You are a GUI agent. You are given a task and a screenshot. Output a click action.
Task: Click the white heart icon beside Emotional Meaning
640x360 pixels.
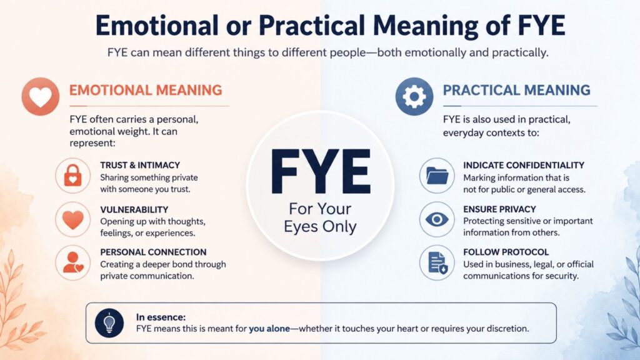coord(41,96)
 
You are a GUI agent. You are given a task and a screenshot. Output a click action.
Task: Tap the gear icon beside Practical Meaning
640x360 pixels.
coord(414,96)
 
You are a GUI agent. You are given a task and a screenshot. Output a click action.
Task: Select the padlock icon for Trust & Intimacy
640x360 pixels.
coord(72,176)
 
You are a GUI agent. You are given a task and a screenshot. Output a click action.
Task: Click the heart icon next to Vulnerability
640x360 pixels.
coord(72,219)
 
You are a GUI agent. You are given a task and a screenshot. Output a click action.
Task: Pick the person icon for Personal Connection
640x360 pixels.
coord(72,263)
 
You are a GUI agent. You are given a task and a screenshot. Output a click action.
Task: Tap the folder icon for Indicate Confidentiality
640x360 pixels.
coord(437,176)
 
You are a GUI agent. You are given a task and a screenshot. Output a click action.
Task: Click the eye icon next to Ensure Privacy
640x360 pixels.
coord(437,219)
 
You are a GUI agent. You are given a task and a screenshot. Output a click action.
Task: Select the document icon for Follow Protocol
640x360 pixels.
coord(437,263)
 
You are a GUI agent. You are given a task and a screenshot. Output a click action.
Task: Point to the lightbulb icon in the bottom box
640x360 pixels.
coord(109,323)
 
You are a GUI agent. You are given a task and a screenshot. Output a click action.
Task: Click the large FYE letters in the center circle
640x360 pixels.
coord(321,171)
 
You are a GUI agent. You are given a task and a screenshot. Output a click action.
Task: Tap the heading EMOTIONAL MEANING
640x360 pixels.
coord(146,90)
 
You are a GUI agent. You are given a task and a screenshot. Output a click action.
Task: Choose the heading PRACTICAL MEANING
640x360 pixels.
coord(517,90)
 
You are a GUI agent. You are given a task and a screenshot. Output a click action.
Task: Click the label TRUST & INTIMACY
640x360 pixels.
coord(140,165)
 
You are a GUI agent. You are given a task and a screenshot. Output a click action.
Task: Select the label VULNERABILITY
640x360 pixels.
coord(134,210)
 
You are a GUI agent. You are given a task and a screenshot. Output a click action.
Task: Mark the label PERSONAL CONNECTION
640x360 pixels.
coord(154,252)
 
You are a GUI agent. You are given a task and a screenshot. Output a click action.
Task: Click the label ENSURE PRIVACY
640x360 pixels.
coord(499,209)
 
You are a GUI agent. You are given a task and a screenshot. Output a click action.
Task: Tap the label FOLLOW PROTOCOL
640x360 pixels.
coord(506,252)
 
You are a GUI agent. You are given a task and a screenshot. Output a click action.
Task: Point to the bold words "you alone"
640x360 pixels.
coord(269,329)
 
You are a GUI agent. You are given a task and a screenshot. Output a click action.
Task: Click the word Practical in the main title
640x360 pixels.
coord(312,25)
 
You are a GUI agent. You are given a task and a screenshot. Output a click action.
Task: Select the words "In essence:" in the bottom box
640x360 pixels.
coord(161,317)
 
